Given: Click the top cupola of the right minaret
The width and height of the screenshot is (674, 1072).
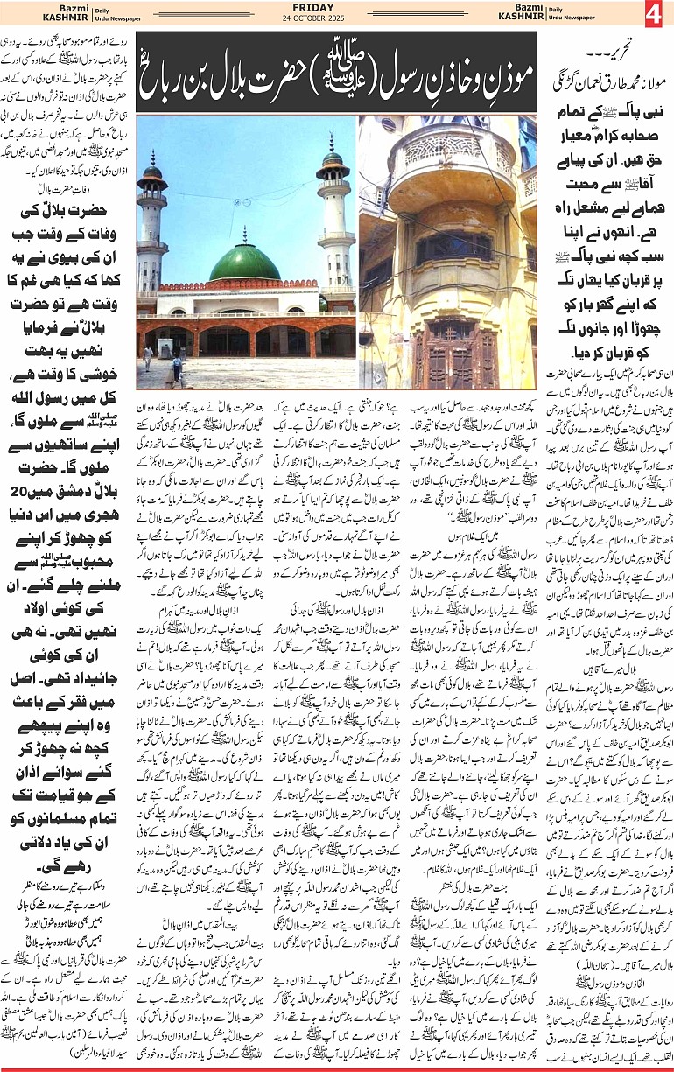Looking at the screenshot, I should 333,159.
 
